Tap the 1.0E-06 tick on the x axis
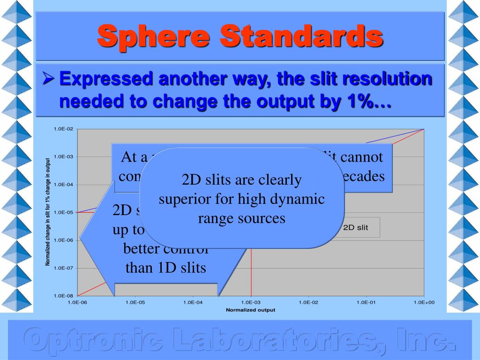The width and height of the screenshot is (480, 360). point(77,303)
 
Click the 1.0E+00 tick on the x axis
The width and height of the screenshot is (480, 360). point(424,303)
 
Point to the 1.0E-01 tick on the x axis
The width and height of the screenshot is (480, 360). point(366,303)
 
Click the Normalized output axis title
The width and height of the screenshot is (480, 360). point(250,310)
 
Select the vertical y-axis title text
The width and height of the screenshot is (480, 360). point(48,212)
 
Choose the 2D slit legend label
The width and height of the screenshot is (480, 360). point(356,228)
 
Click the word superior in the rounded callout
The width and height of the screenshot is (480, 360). point(185,199)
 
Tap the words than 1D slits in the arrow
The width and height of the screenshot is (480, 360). point(165,268)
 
